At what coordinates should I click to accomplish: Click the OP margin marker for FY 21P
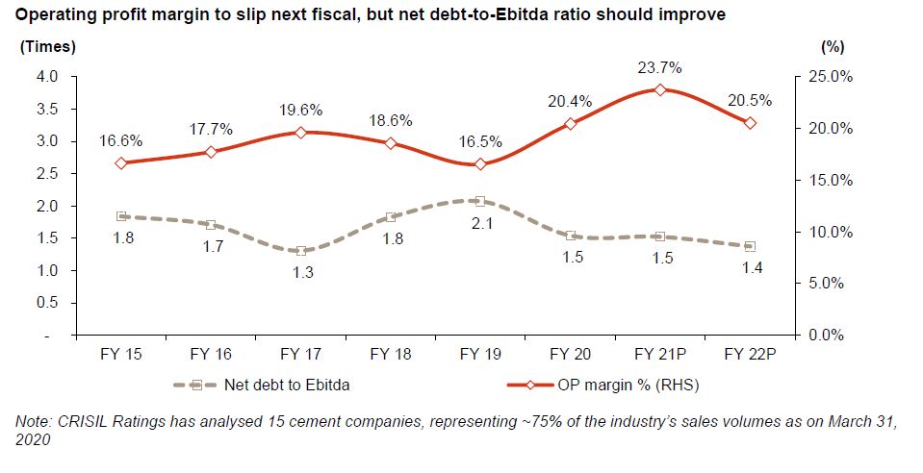(x=660, y=89)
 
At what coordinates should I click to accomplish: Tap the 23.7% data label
(x=660, y=68)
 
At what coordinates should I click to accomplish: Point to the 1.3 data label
(x=301, y=272)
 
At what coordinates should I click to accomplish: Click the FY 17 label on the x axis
(x=301, y=355)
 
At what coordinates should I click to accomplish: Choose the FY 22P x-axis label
(x=748, y=355)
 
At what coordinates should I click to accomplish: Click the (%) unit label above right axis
(x=833, y=46)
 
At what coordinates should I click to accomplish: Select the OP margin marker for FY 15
(x=121, y=163)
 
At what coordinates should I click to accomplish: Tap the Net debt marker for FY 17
(x=301, y=251)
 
